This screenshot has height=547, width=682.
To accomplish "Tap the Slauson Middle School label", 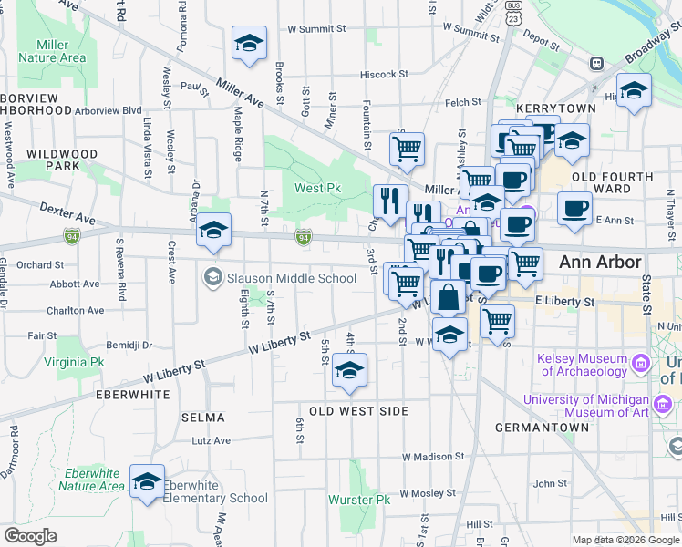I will pos(291,278).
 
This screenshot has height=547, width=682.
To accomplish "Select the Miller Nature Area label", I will pos(60,51).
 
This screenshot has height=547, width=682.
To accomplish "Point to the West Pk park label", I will pos(317,189).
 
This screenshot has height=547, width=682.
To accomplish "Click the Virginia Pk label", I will pos(78,362).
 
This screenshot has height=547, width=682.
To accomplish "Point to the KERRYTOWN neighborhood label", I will pos(555,108).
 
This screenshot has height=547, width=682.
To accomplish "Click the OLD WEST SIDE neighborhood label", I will pos(358,411).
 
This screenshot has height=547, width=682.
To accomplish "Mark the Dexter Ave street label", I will pos(67,214).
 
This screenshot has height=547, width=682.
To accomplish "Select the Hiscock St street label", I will pos(384,75).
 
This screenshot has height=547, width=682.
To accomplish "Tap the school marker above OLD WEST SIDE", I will pos(348,369).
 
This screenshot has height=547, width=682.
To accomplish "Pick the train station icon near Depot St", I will pos(597,64).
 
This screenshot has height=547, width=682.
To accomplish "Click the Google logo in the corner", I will pos(31,536).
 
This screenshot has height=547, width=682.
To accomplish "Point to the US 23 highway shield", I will pos(515,15).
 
